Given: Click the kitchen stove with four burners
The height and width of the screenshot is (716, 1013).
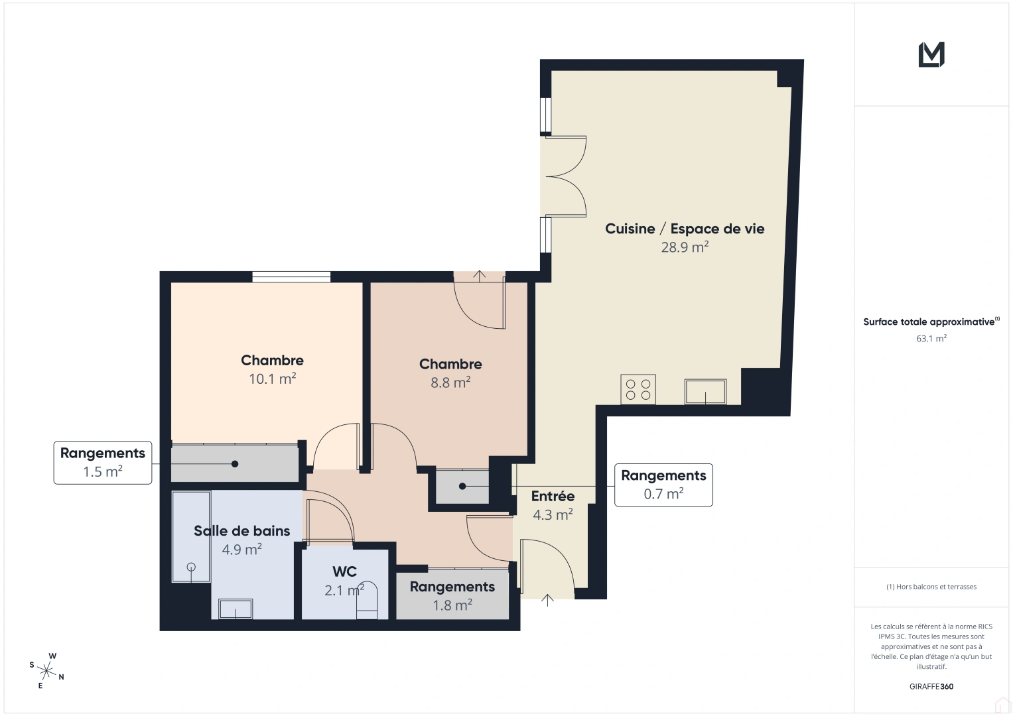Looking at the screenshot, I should [638, 389].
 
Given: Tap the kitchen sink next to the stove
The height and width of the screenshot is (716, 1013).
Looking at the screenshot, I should [705, 391].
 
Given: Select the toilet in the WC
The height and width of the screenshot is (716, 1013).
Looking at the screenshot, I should [367, 600].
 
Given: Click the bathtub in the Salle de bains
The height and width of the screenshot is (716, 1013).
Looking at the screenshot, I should [191, 536].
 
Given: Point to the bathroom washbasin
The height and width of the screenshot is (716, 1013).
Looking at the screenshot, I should [236, 609].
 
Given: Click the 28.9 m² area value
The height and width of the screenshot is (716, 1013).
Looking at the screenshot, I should [685, 247].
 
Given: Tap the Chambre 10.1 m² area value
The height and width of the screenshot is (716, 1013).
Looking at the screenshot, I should [272, 379].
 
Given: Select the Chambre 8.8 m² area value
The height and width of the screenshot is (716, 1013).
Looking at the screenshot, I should [450, 383].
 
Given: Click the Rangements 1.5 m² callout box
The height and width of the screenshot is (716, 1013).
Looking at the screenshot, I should [103, 462].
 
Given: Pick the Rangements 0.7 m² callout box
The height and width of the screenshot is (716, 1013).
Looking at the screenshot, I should [663, 485].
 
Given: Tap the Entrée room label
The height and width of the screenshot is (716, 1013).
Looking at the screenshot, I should [553, 496].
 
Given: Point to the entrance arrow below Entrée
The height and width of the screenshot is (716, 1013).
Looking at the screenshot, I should [547, 600].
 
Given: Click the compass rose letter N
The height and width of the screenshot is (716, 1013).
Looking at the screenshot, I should [62, 677].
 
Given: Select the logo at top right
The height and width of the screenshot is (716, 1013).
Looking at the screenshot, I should [931, 54].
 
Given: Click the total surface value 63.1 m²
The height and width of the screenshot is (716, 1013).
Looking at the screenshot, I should [931, 338].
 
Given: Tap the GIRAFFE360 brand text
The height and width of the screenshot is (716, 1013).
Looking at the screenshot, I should [931, 686].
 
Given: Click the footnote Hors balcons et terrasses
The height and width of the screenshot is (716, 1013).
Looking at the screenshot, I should [931, 587].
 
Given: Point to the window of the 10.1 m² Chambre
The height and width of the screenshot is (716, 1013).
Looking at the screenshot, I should [291, 277].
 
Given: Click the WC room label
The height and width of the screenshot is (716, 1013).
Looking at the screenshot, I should [344, 571].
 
